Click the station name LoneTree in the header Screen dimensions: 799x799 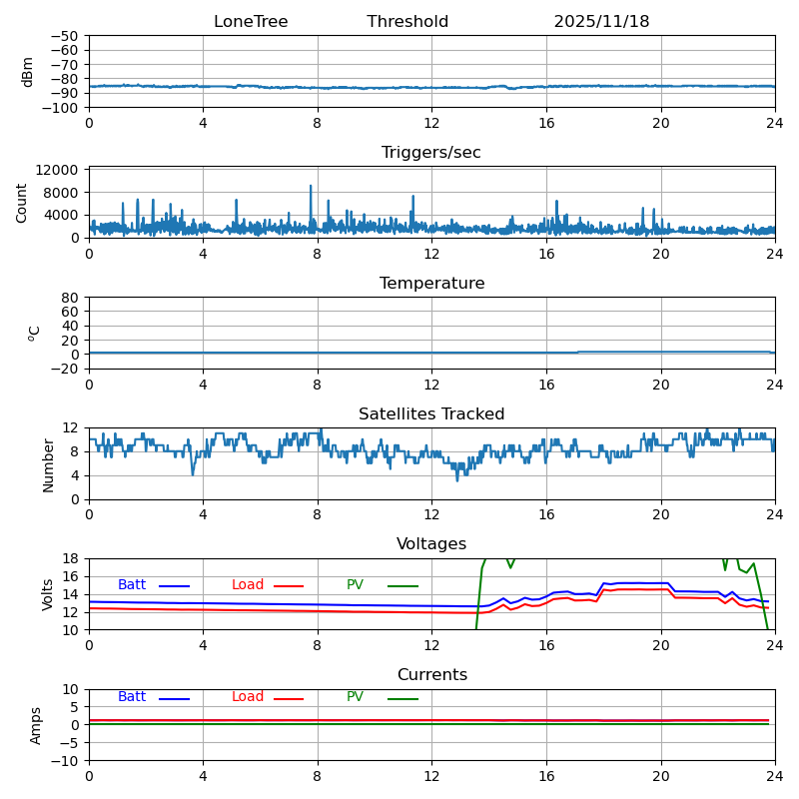(x=251, y=22)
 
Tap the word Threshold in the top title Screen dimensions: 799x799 (x=407, y=22)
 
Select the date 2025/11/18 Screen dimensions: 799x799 (x=601, y=22)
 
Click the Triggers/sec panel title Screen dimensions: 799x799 (x=431, y=153)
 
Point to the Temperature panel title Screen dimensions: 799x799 (x=431, y=284)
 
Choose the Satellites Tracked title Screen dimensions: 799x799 (x=431, y=414)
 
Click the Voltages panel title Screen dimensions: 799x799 (x=431, y=544)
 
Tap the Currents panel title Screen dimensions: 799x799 (x=431, y=675)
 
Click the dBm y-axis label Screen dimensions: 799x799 (x=28, y=71)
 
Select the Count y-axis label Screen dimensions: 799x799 (x=22, y=202)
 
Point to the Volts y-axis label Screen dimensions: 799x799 (x=48, y=594)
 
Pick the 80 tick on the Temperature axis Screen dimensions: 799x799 (x=70, y=298)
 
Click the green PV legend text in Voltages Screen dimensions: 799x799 (x=356, y=585)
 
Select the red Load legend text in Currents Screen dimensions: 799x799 (x=248, y=697)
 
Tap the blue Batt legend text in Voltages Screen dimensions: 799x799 (x=132, y=585)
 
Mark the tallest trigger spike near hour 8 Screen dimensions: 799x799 (x=311, y=187)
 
